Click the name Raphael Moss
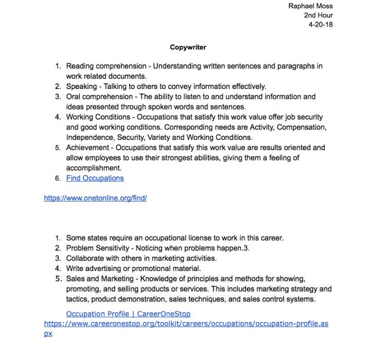(x=311, y=6)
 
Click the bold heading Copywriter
(x=188, y=47)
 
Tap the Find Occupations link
(x=95, y=178)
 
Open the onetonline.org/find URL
(x=95, y=197)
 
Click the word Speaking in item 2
(x=81, y=86)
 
